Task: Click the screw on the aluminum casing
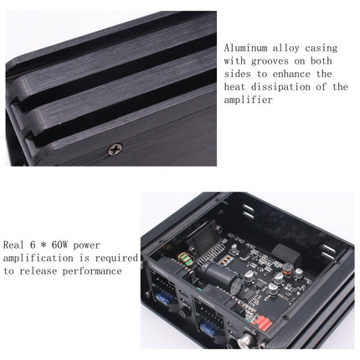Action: coord(115,148)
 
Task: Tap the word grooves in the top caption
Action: coord(275,61)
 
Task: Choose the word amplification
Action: coord(41,258)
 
